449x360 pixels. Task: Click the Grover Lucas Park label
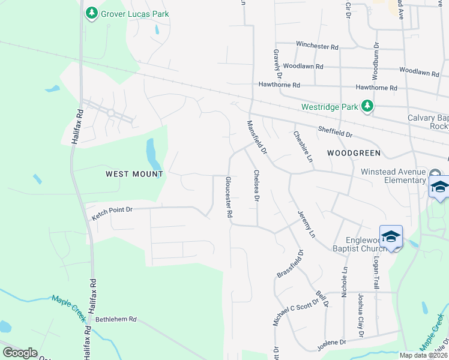tap(135, 14)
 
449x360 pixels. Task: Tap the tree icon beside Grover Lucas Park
tap(91, 13)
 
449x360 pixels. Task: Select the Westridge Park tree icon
tap(367, 107)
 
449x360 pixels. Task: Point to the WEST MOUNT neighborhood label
tap(134, 174)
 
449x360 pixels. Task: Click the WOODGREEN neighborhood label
tap(354, 153)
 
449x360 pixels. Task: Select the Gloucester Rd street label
tap(229, 198)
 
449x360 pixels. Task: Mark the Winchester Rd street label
tap(318, 46)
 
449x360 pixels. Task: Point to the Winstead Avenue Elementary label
tap(393, 176)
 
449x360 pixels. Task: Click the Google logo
tap(20, 353)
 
